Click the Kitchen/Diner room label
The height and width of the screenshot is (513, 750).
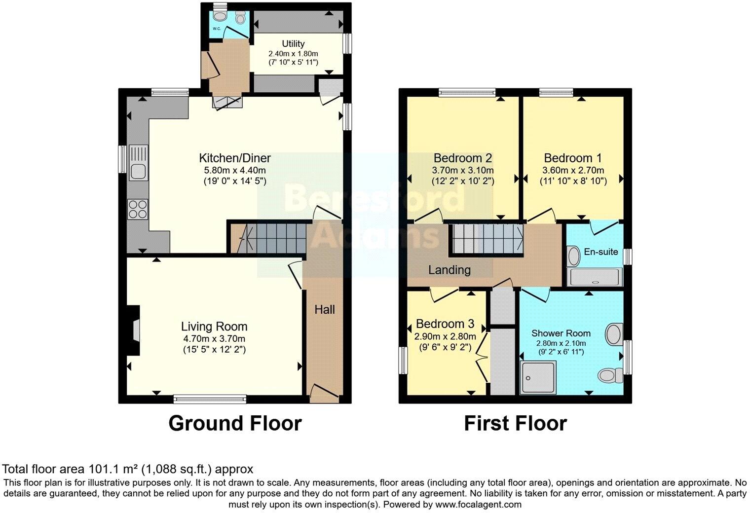(234, 158)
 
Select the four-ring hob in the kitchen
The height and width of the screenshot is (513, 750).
(138, 209)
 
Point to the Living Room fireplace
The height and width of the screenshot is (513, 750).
(134, 330)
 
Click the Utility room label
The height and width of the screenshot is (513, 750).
(293, 43)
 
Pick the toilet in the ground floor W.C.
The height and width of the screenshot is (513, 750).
(240, 18)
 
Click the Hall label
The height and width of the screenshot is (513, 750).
(325, 309)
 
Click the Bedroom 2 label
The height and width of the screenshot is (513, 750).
(462, 158)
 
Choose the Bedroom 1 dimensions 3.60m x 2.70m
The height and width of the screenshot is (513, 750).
(573, 170)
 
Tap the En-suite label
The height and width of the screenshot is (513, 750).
(600, 252)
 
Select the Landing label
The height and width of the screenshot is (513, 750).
(449, 270)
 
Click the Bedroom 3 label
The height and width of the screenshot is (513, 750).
(445, 324)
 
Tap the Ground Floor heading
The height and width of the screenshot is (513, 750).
(235, 423)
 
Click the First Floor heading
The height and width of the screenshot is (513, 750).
(515, 423)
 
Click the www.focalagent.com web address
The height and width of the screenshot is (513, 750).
(477, 504)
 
